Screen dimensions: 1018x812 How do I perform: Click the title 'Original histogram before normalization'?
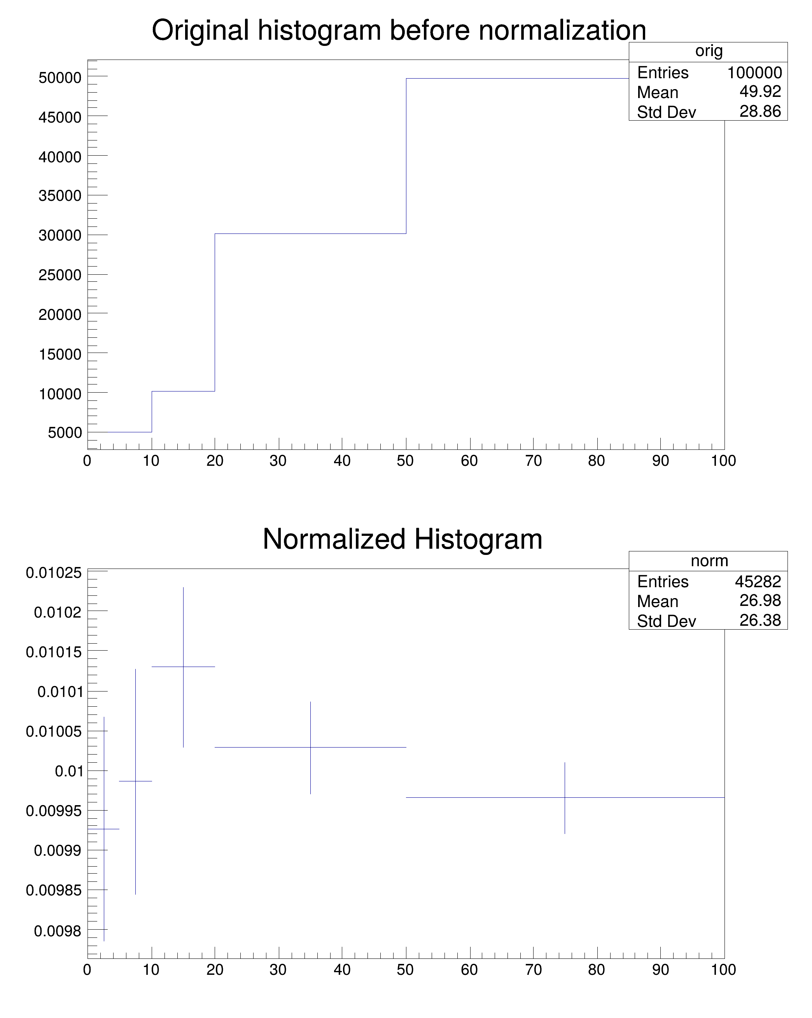tap(399, 30)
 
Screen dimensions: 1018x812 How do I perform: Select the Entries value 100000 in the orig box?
tap(754, 73)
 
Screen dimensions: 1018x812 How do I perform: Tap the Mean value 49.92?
tap(760, 91)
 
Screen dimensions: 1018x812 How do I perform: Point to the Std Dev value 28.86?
tap(760, 111)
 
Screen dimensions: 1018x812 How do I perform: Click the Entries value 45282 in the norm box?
tap(758, 581)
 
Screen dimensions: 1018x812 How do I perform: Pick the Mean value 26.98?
tap(760, 600)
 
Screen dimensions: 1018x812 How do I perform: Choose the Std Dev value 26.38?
tap(760, 620)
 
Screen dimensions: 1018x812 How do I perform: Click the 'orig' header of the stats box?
tap(709, 51)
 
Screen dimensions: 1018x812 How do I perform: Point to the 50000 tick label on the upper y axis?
tap(60, 77)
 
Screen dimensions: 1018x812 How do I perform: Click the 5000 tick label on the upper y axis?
tap(65, 432)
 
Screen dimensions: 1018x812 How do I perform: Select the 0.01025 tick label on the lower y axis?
tap(54, 573)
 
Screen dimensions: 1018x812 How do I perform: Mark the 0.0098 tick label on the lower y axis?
tap(58, 931)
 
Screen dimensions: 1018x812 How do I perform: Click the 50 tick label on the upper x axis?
tap(405, 461)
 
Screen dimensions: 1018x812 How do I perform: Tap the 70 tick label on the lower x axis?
tap(533, 970)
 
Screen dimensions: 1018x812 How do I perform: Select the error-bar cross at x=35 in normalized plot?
tap(310, 748)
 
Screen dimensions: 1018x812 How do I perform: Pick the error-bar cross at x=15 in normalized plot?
tap(183, 667)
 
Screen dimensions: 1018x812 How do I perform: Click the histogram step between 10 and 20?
tap(183, 391)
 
